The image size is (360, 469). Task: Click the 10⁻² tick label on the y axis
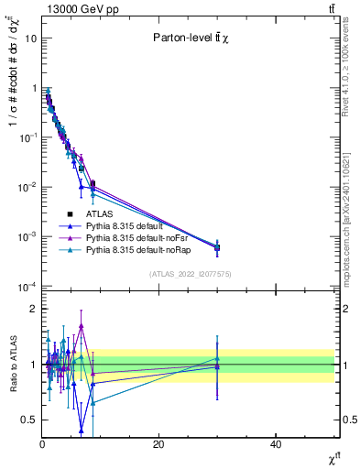[28, 187]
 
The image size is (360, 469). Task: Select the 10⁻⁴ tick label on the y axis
[28, 286]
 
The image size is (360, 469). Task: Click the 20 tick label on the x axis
[158, 444]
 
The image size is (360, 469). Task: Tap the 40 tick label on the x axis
[276, 444]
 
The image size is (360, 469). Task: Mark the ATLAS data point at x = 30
[217, 247]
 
